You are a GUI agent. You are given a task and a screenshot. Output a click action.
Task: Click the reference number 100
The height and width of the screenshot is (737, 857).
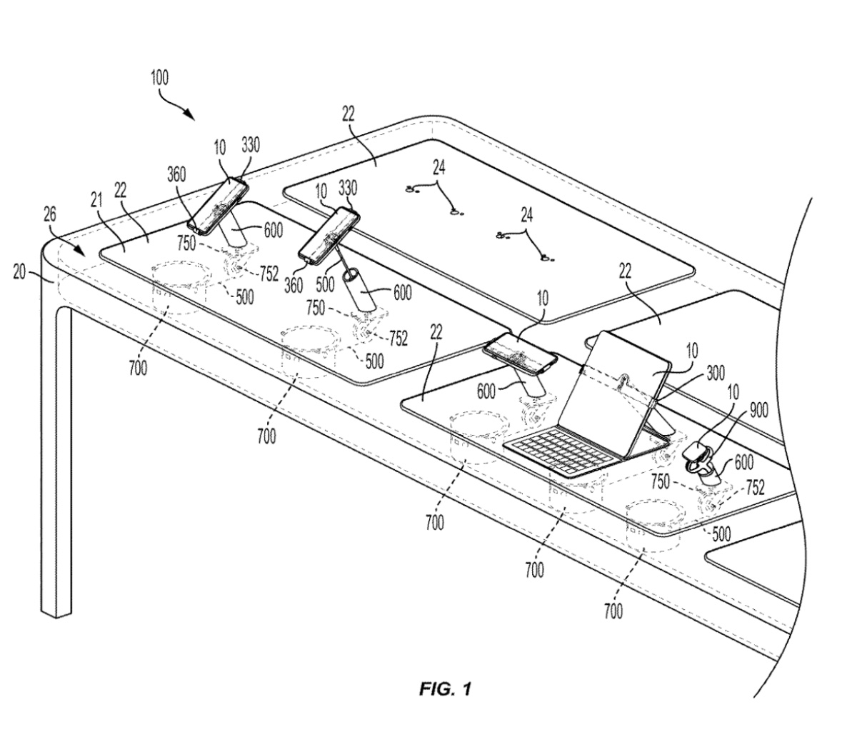coord(159,79)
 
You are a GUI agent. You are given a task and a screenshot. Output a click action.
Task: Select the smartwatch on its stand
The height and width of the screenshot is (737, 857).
coord(698,457)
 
